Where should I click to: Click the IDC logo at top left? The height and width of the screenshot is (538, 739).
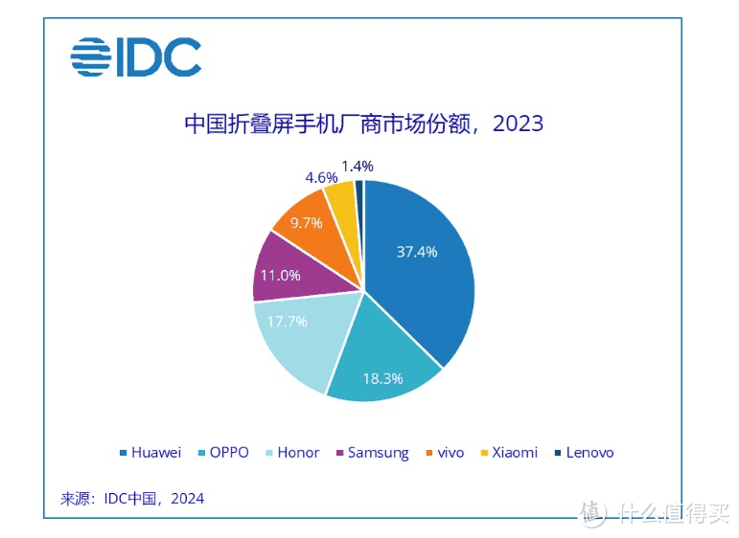tap(135, 57)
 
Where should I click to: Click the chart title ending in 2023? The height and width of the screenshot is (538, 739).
tap(363, 124)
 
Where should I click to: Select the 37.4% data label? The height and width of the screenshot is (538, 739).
tap(417, 252)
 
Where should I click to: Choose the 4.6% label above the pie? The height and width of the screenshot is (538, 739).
tap(320, 177)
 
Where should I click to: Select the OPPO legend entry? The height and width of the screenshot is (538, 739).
tap(227, 452)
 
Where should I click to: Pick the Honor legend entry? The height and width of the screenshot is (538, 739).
tap(291, 452)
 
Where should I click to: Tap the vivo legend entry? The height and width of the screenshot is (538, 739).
tap(447, 452)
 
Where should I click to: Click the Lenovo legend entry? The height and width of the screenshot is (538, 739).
tap(583, 452)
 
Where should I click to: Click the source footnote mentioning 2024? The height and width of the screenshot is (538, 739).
tap(132, 499)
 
